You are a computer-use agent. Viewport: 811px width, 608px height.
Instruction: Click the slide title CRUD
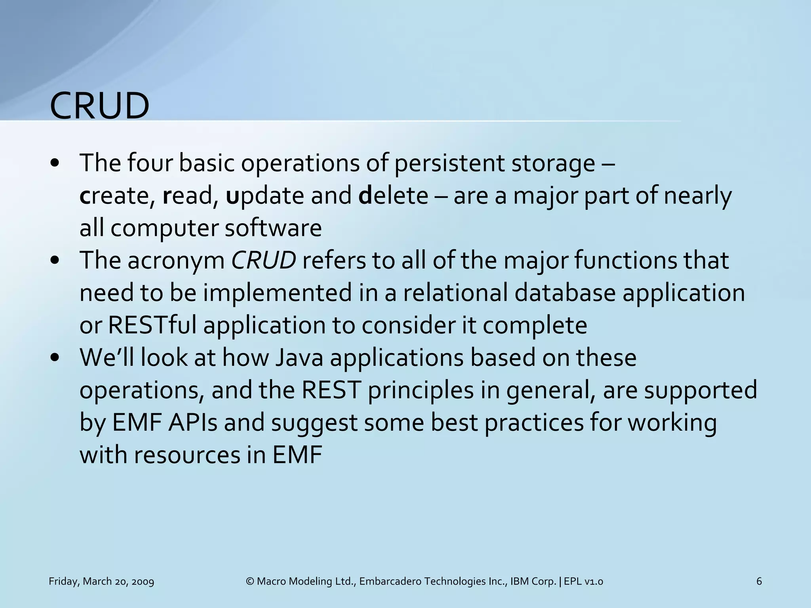pyautogui.click(x=99, y=106)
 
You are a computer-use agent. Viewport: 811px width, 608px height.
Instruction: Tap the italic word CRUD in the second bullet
pyautogui.click(x=263, y=260)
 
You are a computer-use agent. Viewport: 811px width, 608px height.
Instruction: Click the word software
pyautogui.click(x=273, y=228)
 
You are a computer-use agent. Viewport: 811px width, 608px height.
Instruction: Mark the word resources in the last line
pyautogui.click(x=187, y=455)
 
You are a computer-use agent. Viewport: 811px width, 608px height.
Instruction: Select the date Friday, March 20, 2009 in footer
pyautogui.click(x=101, y=581)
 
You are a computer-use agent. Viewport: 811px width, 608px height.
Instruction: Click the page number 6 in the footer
pyautogui.click(x=759, y=581)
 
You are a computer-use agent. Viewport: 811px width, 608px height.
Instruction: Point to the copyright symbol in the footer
pyautogui.click(x=249, y=581)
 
